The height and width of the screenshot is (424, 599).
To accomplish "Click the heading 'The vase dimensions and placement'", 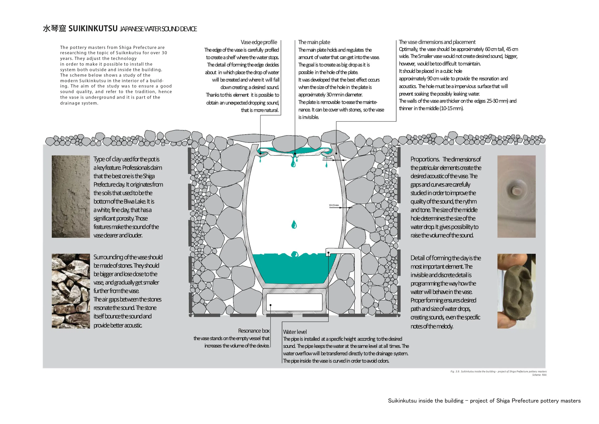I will (437, 42).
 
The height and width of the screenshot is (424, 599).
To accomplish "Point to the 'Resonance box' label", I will (254, 331).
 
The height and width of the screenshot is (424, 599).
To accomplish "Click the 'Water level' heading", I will (295, 332).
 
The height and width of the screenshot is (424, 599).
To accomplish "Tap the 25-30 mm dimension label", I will (327, 158).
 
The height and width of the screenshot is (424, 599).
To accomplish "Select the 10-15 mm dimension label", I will (334, 205).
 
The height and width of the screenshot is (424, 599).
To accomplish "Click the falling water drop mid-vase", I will (294, 224).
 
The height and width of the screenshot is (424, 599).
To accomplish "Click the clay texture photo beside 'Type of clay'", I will (71, 196).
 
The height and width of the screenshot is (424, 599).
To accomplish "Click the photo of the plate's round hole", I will (516, 196).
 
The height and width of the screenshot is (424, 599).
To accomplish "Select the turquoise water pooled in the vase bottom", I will (290, 269).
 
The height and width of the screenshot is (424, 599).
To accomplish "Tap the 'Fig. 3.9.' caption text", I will (455, 372).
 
